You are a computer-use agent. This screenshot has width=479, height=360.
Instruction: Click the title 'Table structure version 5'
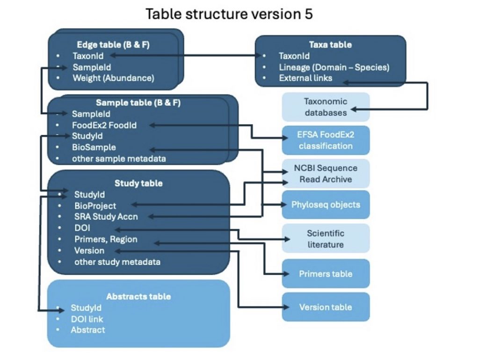pyautogui.click(x=229, y=14)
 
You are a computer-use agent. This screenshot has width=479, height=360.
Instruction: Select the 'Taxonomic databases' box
pyautogui.click(x=326, y=107)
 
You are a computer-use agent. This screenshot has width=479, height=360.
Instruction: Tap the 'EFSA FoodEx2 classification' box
pyautogui.click(x=326, y=140)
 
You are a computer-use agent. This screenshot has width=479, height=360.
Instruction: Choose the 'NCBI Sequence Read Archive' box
pyautogui.click(x=326, y=173)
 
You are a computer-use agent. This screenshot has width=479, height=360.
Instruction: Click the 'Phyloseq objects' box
pyautogui.click(x=326, y=205)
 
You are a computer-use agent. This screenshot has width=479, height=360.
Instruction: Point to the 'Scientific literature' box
pyautogui.click(x=326, y=238)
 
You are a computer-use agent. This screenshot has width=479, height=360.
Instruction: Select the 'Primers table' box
pyautogui.click(x=326, y=273)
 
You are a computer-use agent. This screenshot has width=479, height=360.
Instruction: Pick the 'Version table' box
pyautogui.click(x=326, y=307)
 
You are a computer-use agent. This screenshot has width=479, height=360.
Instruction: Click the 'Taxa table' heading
pyautogui.click(x=330, y=45)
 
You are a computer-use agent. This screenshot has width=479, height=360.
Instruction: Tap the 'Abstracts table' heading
pyautogui.click(x=138, y=296)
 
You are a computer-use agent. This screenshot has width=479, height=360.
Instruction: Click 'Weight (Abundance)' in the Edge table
pyautogui.click(x=113, y=78)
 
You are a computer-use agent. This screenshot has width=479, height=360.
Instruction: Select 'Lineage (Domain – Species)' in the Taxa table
pyautogui.click(x=334, y=67)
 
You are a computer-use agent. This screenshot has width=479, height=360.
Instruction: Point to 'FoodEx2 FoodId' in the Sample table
pyautogui.click(x=104, y=125)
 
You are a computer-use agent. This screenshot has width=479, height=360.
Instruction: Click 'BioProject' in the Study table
pyautogui.click(x=95, y=206)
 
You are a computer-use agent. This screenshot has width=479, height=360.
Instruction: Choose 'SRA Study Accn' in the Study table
pyautogui.click(x=106, y=217)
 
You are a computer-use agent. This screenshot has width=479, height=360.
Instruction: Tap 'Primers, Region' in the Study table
pyautogui.click(x=106, y=239)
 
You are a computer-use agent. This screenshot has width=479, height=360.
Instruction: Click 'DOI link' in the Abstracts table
pyautogui.click(x=87, y=319)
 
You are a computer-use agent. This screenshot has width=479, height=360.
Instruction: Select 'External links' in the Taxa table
pyautogui.click(x=305, y=78)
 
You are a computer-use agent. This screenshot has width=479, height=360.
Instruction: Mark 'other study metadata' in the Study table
pyautogui.click(x=117, y=262)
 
